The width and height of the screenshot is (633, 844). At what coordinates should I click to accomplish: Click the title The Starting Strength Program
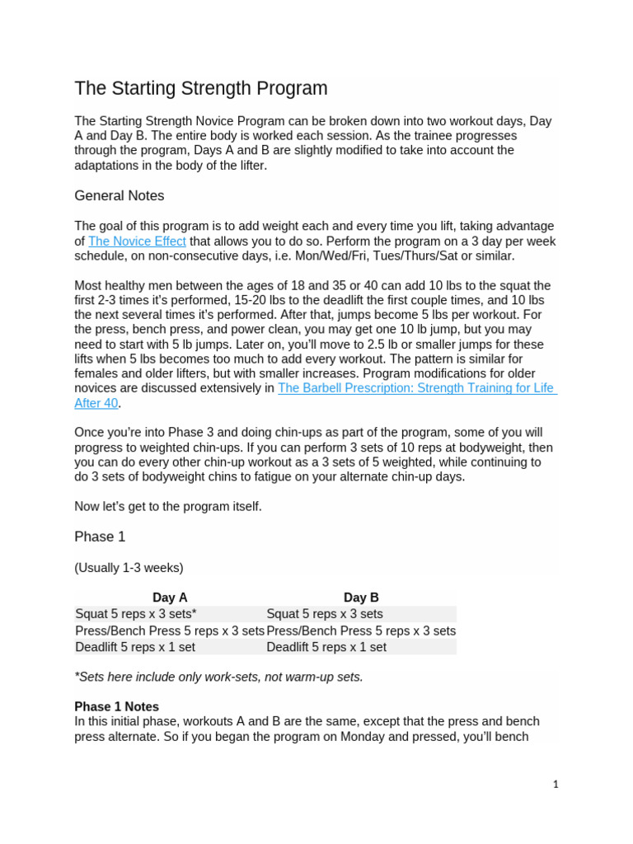tap(200, 88)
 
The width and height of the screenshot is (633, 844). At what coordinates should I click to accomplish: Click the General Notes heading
tap(119, 195)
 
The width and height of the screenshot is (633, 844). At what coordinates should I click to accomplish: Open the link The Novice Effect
tap(137, 241)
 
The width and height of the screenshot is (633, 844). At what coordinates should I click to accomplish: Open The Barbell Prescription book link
tap(416, 387)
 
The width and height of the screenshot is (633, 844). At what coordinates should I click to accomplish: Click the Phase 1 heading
tap(100, 537)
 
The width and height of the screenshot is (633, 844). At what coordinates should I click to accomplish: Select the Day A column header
tap(170, 598)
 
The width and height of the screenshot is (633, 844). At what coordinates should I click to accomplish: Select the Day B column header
tap(361, 598)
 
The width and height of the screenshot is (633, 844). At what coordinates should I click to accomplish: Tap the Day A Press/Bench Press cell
tap(170, 631)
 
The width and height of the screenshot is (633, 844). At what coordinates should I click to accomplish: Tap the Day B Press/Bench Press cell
tap(361, 631)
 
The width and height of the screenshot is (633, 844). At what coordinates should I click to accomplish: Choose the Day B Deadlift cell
tap(326, 647)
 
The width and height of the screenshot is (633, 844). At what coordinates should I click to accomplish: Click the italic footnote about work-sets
tap(218, 677)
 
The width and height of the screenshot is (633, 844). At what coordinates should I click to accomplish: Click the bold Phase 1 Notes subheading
tap(116, 706)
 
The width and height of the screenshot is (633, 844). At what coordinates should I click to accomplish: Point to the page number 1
tap(556, 785)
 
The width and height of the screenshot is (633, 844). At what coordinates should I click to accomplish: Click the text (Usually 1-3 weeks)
tap(129, 567)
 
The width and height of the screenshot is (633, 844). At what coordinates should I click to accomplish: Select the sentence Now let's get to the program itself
tap(168, 506)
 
